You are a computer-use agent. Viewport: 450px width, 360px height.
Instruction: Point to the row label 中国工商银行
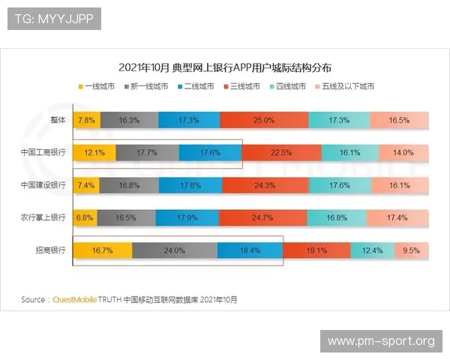pos(43,152)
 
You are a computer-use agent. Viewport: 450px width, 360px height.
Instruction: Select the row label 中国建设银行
pos(43,184)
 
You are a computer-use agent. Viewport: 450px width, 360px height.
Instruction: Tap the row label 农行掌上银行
pos(43,217)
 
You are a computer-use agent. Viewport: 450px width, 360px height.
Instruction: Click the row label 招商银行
pos(51,250)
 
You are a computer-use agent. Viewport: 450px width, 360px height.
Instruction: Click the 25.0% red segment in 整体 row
pos(263,120)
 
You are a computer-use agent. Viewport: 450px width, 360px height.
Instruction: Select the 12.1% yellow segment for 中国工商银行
pos(94,152)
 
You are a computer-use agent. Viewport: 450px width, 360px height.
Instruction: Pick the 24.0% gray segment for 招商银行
pos(174,250)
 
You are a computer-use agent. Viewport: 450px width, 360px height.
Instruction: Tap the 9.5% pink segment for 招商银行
pos(411,250)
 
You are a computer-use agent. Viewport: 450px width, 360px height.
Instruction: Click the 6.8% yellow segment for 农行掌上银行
pos(85,217)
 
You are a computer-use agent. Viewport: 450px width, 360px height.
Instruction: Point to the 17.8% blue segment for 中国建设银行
pos(190,184)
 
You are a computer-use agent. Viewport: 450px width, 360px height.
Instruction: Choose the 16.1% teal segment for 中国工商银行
pos(349,152)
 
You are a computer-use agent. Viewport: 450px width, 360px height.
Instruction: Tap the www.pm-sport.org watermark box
pos(381,341)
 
